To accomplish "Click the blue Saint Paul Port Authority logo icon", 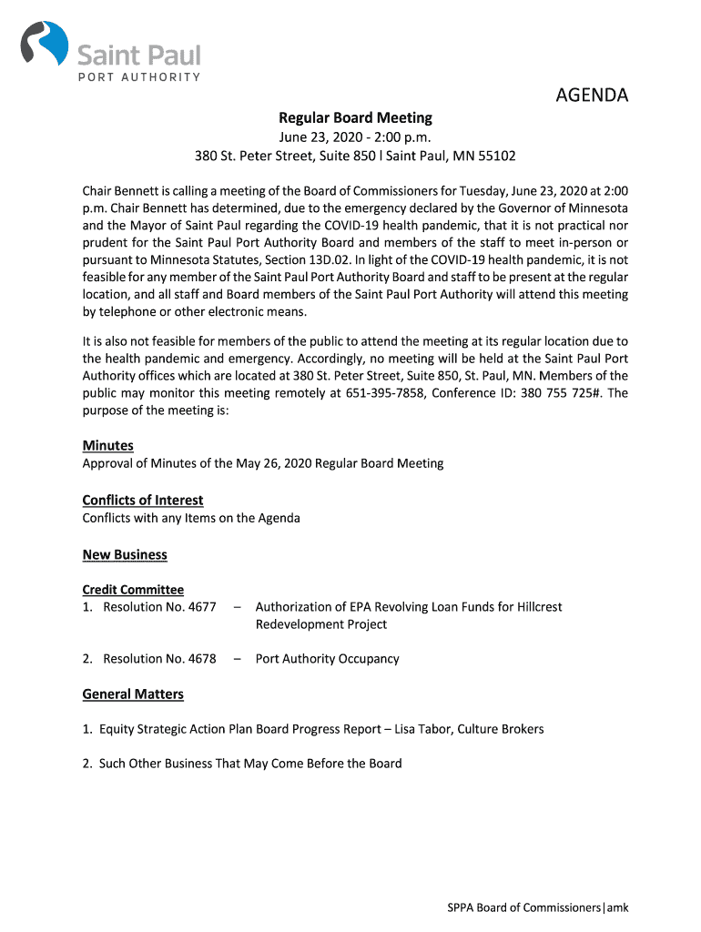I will click(x=45, y=45).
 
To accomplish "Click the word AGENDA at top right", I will click(x=592, y=96).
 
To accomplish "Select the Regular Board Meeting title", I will click(x=355, y=117).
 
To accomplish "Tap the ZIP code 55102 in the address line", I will click(x=496, y=156).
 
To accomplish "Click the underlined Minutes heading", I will click(x=108, y=445).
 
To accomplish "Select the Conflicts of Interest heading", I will click(x=143, y=500).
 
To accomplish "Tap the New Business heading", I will click(x=125, y=554).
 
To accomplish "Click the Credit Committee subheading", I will click(x=133, y=590).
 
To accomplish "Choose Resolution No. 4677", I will click(x=159, y=606).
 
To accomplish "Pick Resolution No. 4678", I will click(x=159, y=658).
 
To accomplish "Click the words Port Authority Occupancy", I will click(x=327, y=658).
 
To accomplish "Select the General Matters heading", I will click(x=133, y=694).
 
